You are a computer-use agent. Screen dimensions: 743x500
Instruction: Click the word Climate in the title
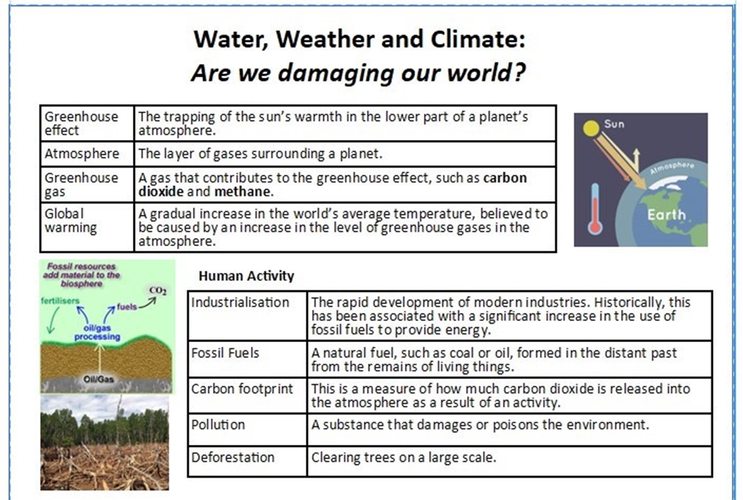[x=478, y=39]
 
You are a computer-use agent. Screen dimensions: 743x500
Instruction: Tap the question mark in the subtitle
[x=518, y=72]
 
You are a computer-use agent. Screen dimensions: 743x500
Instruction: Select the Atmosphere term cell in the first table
[x=87, y=154]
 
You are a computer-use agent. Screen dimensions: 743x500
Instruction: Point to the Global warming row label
[x=70, y=221]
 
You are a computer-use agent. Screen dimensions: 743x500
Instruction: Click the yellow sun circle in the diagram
[x=591, y=128]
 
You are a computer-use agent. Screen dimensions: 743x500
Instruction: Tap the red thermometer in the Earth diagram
[x=595, y=208]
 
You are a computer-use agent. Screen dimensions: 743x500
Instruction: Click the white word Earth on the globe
[x=666, y=215]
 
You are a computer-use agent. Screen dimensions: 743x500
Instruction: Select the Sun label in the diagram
[x=614, y=124]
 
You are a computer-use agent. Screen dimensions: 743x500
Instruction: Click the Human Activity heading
[x=246, y=276]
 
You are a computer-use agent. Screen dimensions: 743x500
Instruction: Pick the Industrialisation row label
[x=240, y=302]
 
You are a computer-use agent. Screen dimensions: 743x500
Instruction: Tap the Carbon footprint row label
[x=242, y=389]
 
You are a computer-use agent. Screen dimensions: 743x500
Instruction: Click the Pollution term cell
[x=247, y=430]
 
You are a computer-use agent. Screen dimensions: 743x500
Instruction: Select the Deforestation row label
[x=233, y=458]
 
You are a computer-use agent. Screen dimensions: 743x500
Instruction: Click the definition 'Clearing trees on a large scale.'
[x=403, y=458]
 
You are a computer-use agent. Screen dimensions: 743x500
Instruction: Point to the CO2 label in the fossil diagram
[x=157, y=291]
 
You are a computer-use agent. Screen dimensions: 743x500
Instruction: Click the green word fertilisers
[x=60, y=301]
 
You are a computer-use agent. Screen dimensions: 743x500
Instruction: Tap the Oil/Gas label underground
[x=99, y=379]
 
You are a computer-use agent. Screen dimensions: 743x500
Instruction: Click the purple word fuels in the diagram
[x=127, y=307]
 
